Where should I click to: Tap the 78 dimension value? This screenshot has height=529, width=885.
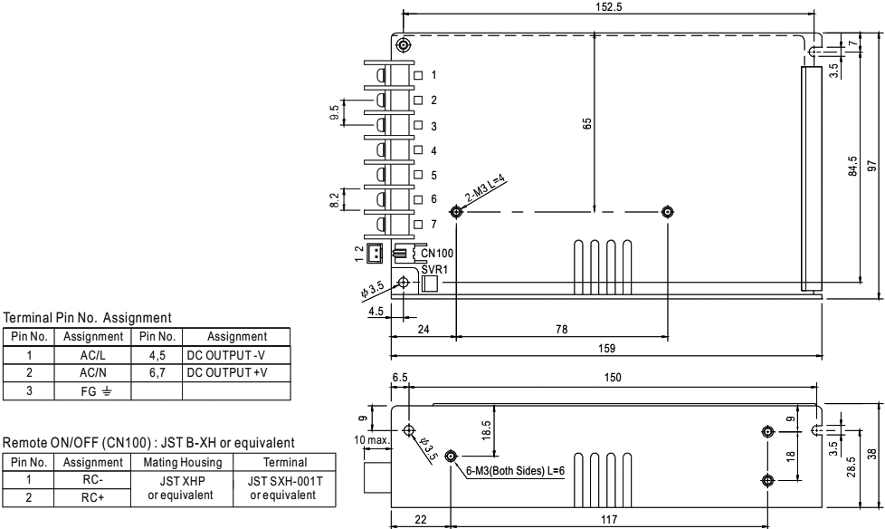point(562,330)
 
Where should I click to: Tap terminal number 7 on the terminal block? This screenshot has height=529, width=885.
point(434,223)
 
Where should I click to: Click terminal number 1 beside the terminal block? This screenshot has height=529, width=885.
point(434,74)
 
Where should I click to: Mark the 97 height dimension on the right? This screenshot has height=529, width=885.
point(871,167)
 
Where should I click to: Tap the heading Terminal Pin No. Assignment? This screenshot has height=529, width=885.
point(88,318)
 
